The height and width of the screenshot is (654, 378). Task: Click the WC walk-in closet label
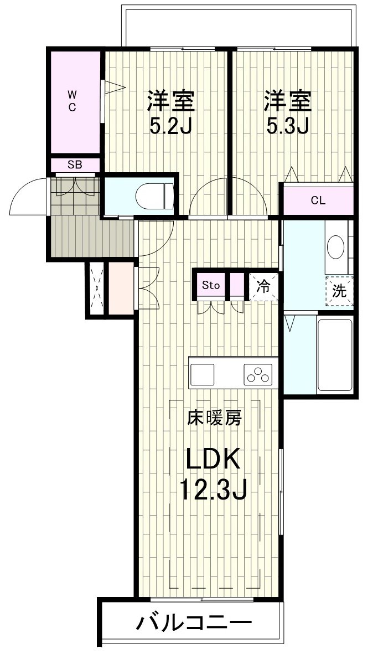click(72, 101)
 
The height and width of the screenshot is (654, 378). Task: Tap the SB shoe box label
click(75, 164)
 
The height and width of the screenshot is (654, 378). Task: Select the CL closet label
click(318, 200)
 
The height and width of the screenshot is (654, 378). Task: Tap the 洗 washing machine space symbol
click(339, 291)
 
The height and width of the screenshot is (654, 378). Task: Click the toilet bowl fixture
click(154, 196)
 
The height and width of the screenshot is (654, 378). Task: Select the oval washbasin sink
click(336, 248)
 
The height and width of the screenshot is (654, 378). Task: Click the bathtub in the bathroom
click(335, 354)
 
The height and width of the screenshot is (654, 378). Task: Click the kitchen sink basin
click(203, 374)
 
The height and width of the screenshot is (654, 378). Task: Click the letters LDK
click(214, 460)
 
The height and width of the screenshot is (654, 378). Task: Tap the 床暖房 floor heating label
click(214, 418)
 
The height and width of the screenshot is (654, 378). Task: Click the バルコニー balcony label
click(194, 623)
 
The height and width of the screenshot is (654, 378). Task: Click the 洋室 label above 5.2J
click(170, 102)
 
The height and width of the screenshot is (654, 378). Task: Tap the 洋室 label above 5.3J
click(288, 102)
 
